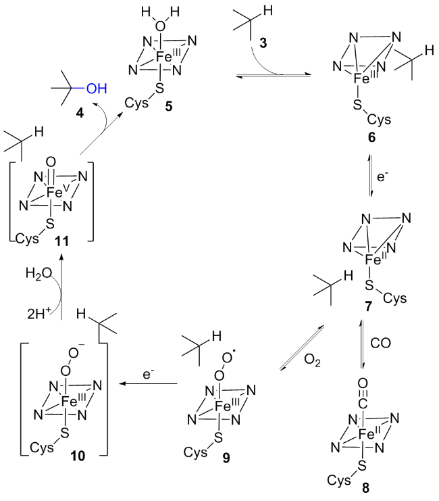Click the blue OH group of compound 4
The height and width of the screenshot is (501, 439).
click(97, 89)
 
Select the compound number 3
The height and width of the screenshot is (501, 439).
click(263, 43)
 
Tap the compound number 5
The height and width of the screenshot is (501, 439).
click(169, 106)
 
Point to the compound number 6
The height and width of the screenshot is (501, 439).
click(371, 137)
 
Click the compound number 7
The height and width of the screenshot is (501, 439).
click(368, 306)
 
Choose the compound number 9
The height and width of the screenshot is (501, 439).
click(226, 458)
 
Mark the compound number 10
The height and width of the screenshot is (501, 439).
click(78, 456)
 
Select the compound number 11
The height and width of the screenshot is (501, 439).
click(62, 241)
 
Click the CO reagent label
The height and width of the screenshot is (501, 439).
click(380, 343)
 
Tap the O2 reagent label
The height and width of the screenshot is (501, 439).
click(312, 360)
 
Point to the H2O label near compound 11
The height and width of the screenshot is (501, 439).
click(38, 274)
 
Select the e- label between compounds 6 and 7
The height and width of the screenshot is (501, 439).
click(382, 176)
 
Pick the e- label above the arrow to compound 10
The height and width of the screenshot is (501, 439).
click(147, 374)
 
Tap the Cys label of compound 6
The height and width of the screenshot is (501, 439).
click(379, 120)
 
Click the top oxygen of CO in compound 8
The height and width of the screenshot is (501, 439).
click(363, 383)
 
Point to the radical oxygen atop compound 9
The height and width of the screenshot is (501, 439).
click(228, 357)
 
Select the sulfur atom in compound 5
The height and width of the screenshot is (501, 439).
click(159, 88)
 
